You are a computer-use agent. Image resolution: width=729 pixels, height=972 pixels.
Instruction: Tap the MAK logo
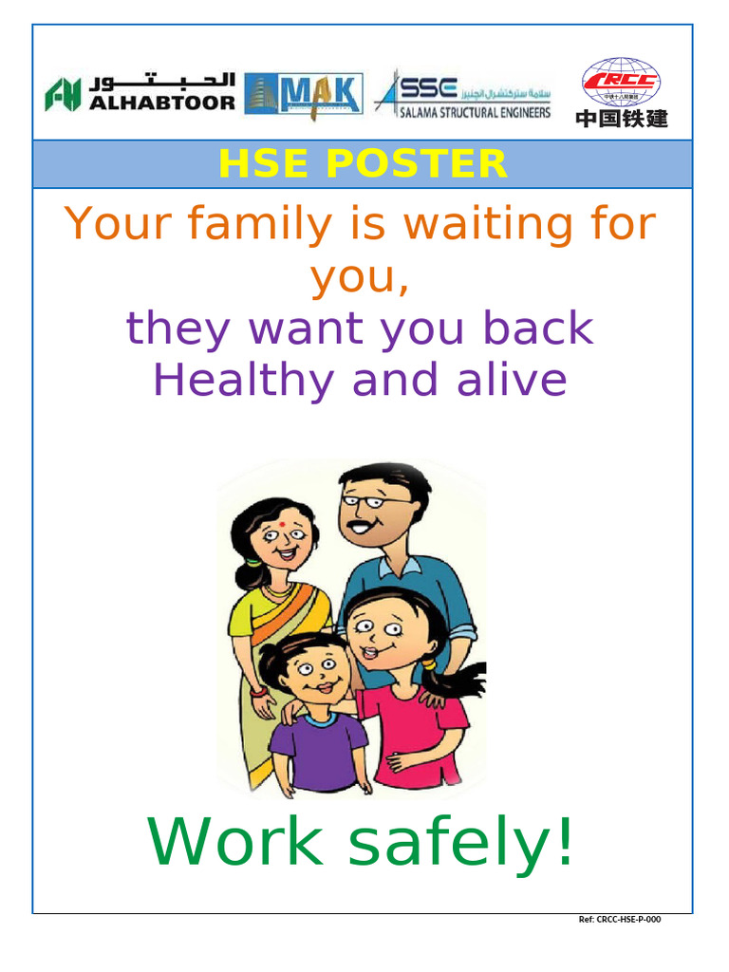point(303,94)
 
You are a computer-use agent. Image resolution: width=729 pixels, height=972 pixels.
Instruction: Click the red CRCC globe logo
point(622,82)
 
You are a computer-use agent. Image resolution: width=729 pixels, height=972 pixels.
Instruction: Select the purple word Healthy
point(244,381)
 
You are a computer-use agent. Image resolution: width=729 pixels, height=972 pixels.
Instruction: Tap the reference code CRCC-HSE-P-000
point(620,920)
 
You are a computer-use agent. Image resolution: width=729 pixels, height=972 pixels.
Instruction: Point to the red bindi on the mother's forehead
point(282,521)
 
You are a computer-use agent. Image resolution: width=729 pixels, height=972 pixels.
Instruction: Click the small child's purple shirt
point(318,750)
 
